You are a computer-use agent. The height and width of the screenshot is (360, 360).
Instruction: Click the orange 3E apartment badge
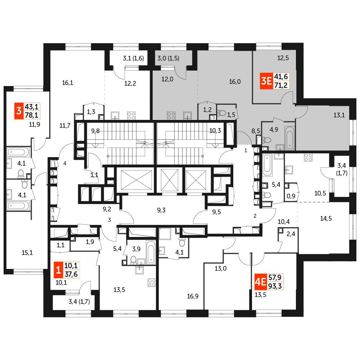tap(266, 81)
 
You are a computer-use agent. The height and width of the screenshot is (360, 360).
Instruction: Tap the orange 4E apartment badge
tap(261, 282)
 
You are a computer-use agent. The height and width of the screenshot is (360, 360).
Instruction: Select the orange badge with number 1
tap(58, 270)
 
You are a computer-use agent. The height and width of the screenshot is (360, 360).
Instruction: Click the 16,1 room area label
tap(68, 83)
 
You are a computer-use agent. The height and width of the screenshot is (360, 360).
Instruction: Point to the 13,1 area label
tap(339, 115)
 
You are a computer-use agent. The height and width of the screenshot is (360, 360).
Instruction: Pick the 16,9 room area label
tap(193, 296)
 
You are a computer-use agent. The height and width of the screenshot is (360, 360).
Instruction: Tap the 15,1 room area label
tap(27, 253)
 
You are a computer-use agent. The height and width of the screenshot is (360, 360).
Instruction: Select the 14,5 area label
tap(326, 219)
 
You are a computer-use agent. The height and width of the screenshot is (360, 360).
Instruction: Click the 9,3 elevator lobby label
tap(161, 210)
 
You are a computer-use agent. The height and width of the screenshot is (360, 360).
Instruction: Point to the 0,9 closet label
tap(291, 196)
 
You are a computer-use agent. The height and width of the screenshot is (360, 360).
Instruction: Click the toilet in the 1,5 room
tap(222, 113)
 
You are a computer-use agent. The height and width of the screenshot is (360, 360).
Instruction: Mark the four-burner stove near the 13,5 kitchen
tap(152, 283)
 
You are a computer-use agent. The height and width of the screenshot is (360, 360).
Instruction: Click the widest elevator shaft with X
tap(135, 180)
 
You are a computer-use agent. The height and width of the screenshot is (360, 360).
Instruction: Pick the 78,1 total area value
tap(32, 115)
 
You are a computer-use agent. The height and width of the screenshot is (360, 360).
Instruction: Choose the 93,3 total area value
tap(275, 286)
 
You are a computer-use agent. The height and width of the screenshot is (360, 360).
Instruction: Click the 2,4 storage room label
tap(291, 234)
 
